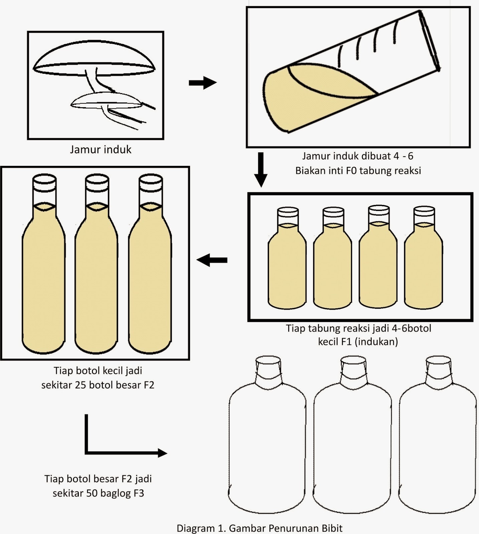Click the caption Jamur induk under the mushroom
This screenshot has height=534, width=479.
click(x=101, y=149)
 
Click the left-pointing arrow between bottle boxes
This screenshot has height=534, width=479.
click(x=211, y=260)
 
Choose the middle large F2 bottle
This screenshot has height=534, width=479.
click(x=96, y=267)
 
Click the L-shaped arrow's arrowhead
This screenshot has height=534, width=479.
click(x=162, y=453)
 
